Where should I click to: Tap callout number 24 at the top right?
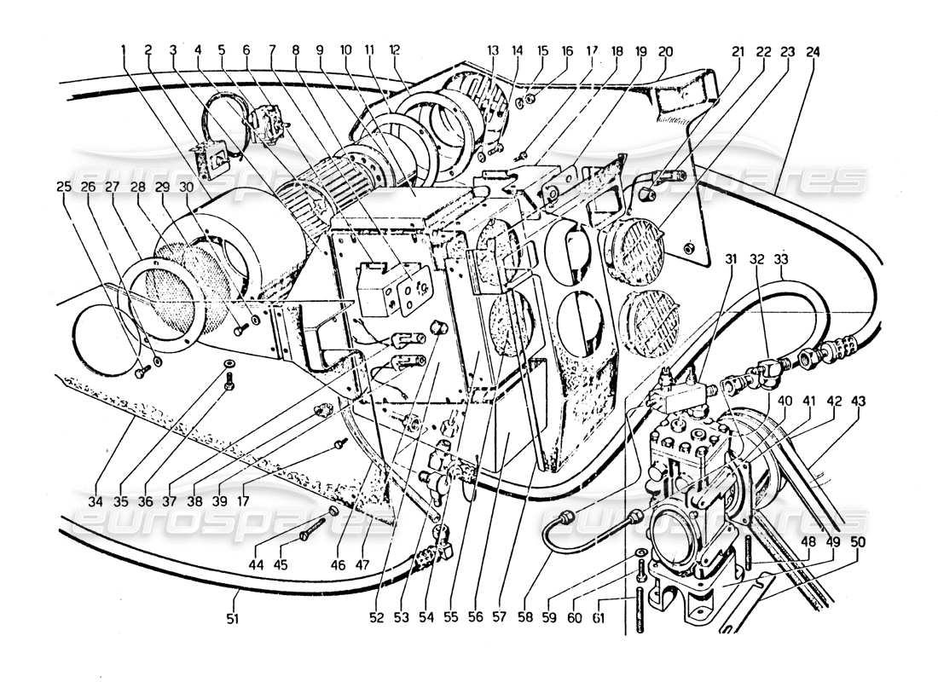(x=813, y=50)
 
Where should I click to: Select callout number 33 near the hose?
(x=782, y=257)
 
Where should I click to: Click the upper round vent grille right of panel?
(x=633, y=243)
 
